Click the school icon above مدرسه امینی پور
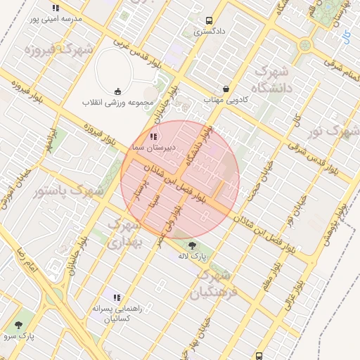(56, 8)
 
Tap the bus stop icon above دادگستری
(209, 21)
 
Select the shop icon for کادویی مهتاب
(226, 89)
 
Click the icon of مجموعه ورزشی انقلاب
(117, 91)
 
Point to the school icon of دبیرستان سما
(153, 136)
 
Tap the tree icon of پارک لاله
(192, 246)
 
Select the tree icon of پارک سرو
(19, 325)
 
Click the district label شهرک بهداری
(127, 233)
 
